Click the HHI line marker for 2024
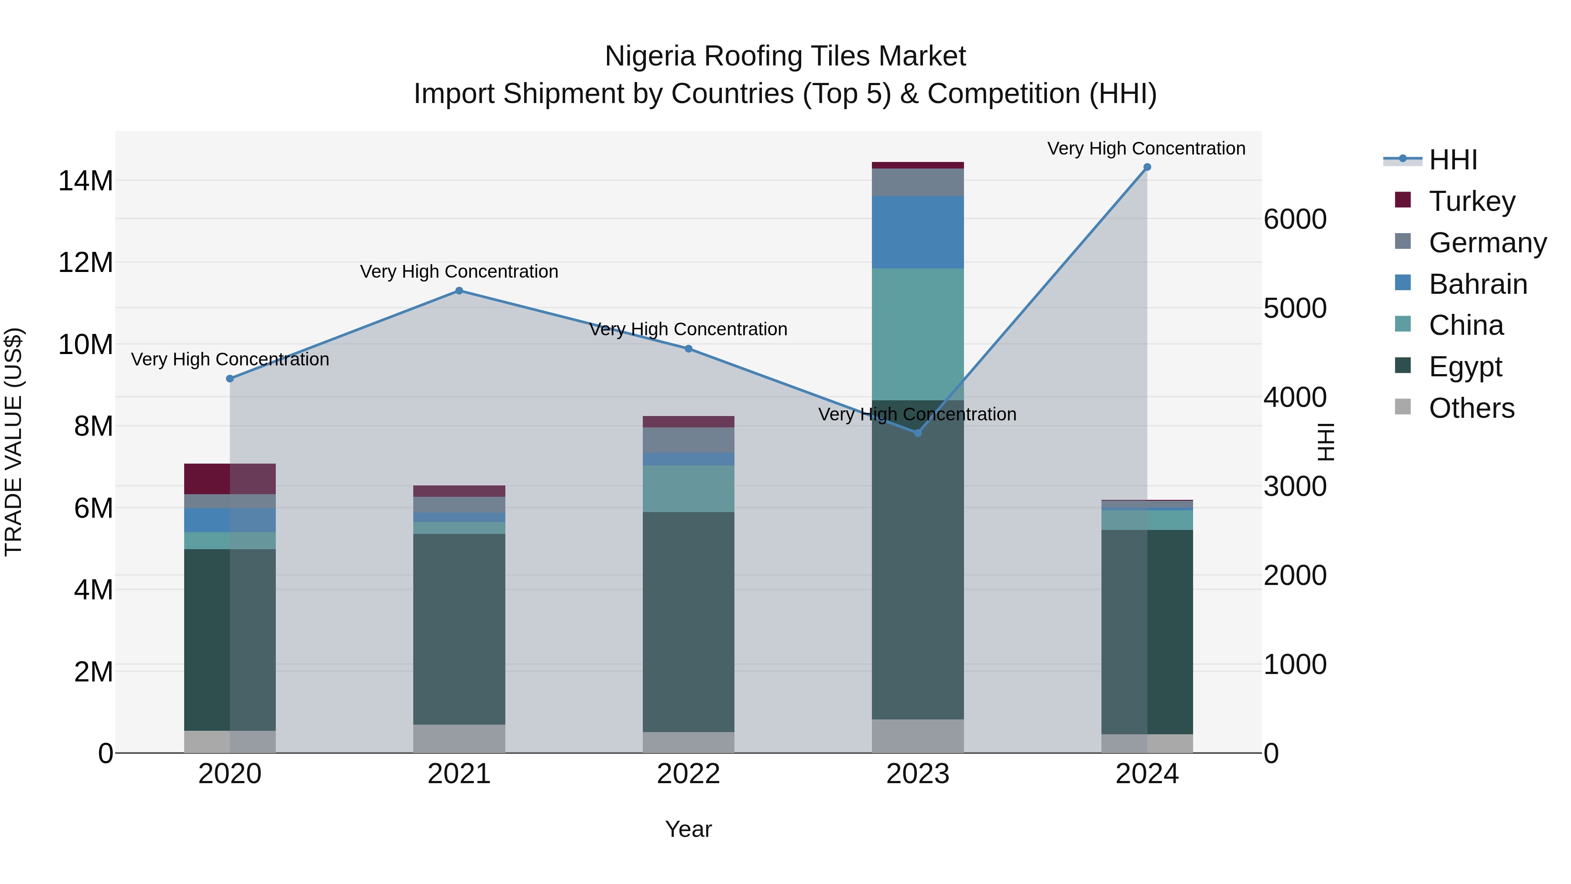(x=1146, y=167)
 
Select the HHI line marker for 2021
(x=459, y=291)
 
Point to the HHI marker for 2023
(x=918, y=433)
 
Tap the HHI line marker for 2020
(x=230, y=379)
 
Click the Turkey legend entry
(x=1470, y=201)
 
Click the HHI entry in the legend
(x=1452, y=160)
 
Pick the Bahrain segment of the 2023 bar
(x=918, y=232)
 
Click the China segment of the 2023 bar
(x=918, y=334)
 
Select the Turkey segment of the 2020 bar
(x=230, y=479)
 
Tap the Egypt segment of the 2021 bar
(x=459, y=628)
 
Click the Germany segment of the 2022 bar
(x=689, y=440)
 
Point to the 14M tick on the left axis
(x=86, y=181)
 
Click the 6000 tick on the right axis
(x=1295, y=220)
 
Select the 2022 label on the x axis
(x=689, y=774)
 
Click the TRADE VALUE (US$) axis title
(x=14, y=442)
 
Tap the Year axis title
(x=689, y=829)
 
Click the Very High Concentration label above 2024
(x=1146, y=148)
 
